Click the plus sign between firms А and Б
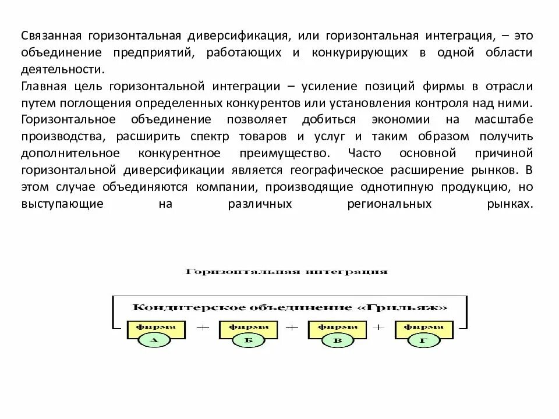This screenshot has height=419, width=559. (202, 328)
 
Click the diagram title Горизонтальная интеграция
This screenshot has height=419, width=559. (286, 272)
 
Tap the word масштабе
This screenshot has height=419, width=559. (508, 120)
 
